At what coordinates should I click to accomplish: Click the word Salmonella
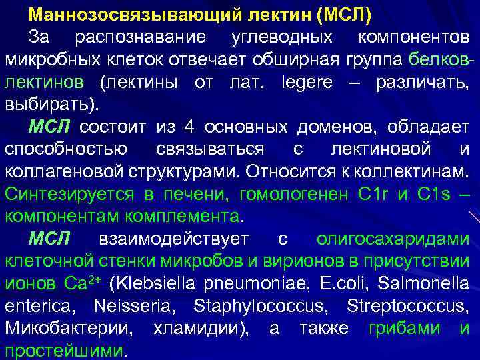pyautogui.click(x=423, y=283)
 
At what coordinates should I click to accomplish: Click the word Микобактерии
pyautogui.click(x=67, y=329)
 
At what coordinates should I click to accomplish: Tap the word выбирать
pyautogui.click(x=50, y=105)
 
